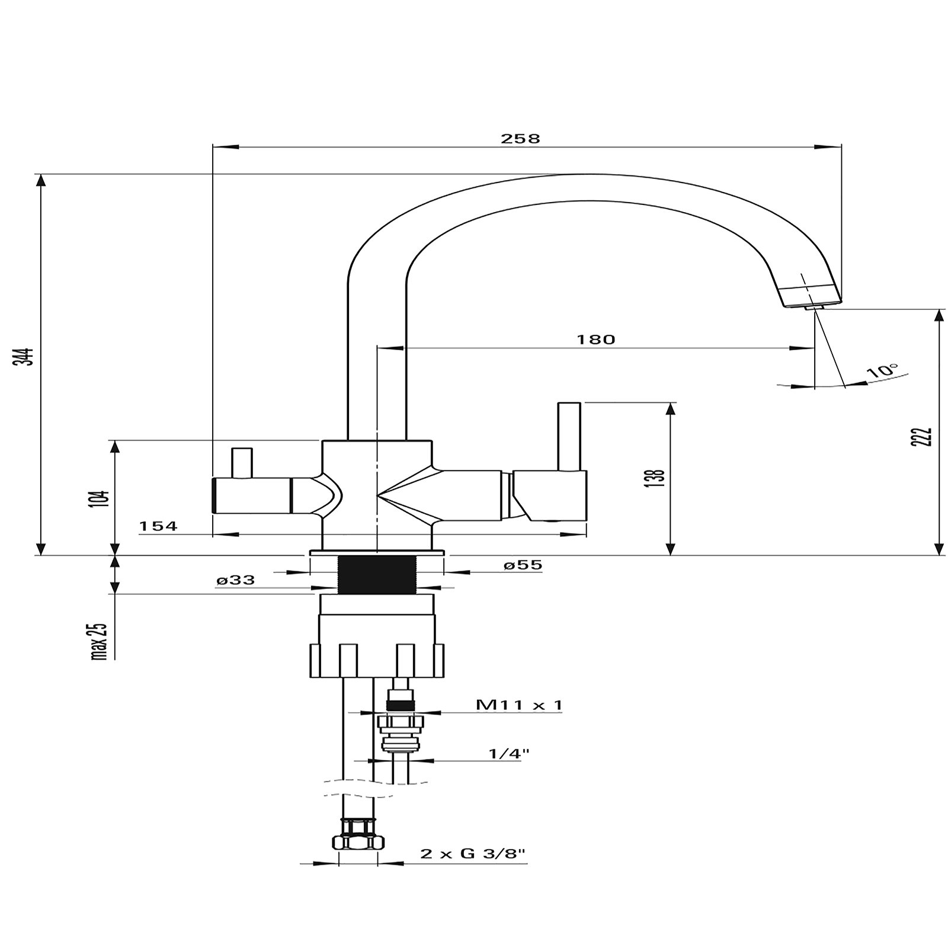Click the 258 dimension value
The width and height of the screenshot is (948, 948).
point(521,139)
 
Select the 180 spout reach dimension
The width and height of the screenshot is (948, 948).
point(596,340)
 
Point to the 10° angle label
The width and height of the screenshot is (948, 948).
point(882,371)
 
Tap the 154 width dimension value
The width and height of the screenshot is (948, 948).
point(158,526)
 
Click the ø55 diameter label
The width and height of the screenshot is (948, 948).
point(523,565)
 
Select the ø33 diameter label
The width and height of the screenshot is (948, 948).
point(236,581)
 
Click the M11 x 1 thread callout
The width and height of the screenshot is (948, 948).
point(519,705)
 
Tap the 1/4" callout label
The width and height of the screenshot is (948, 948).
point(508,754)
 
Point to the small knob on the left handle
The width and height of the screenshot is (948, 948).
point(242,463)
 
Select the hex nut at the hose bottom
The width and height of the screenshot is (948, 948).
point(358,841)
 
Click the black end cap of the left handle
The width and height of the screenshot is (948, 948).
point(214,496)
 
